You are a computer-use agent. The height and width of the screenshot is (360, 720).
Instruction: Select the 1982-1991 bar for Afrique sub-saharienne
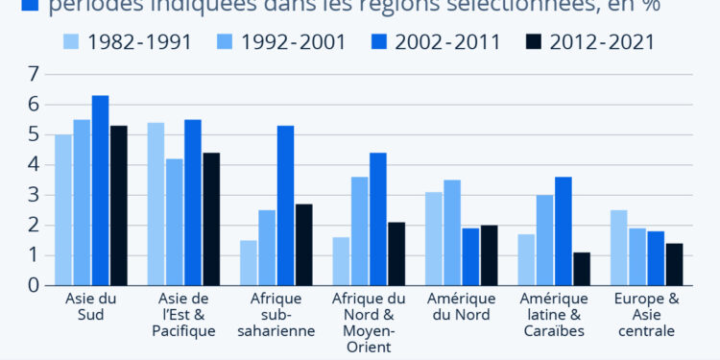click(249, 262)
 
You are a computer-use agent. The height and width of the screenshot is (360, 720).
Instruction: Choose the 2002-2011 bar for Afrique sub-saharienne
click(285, 205)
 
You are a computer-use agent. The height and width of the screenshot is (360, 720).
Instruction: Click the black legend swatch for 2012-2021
click(533, 41)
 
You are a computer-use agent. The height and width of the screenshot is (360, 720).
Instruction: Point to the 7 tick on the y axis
click(34, 74)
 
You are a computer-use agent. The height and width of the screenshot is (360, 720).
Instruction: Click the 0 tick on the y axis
click(34, 285)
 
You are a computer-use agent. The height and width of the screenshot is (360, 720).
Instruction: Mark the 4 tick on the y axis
click(34, 164)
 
